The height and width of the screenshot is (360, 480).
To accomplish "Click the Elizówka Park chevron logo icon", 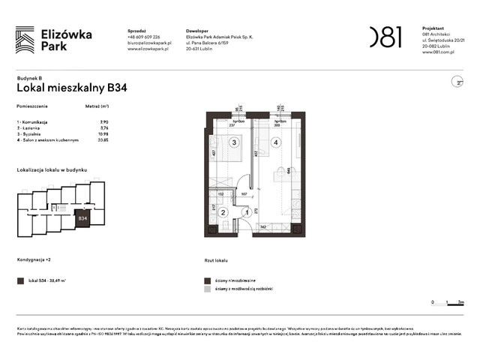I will click(x=25, y=40).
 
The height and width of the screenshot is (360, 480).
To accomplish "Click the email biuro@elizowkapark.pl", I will click(x=150, y=43).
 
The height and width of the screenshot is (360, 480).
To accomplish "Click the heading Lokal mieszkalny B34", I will click(x=71, y=88).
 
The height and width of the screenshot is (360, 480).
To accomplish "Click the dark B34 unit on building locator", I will click(x=83, y=218).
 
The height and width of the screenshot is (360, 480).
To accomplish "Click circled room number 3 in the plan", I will click(x=234, y=142).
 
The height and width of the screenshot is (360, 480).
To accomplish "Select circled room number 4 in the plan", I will click(x=276, y=142).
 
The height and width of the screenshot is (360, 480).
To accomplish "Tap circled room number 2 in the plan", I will click(x=223, y=212).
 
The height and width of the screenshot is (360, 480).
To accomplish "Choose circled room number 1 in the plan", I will click(x=245, y=212).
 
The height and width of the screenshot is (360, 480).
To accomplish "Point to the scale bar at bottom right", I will click(x=445, y=302).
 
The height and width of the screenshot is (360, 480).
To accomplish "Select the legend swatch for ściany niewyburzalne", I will click(x=208, y=280).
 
